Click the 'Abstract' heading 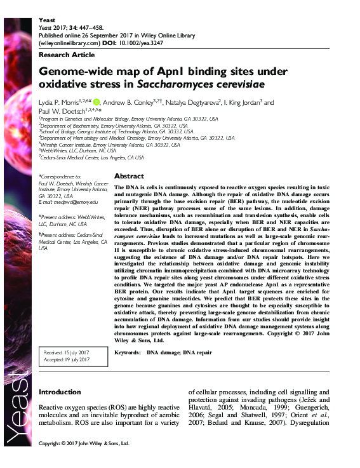click(x=129, y=176)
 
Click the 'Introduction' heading click(x=64, y=391)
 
